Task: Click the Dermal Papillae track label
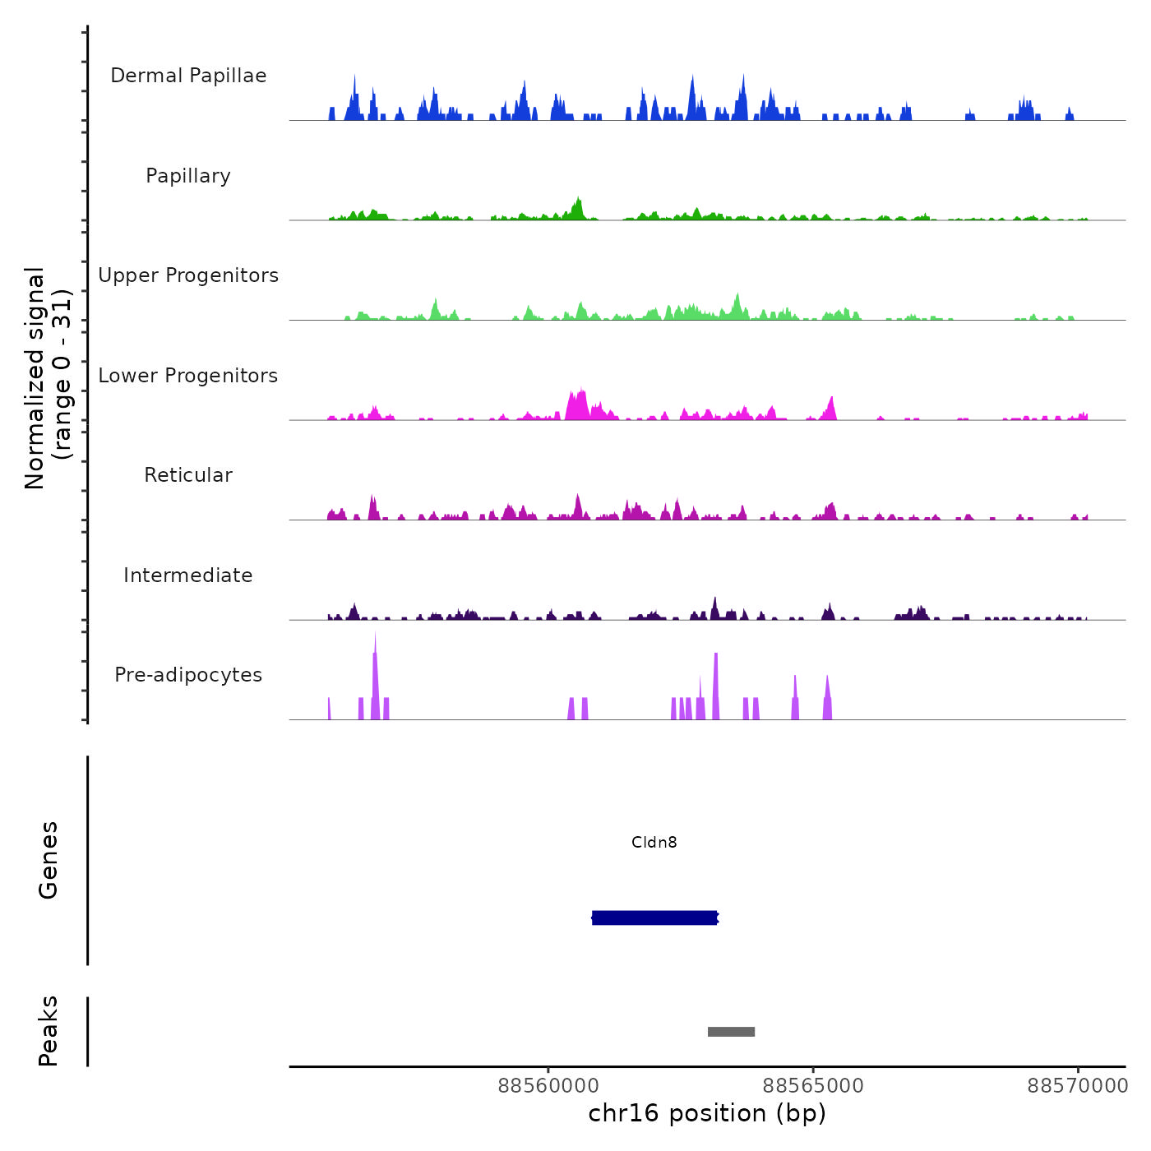188,76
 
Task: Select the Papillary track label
188,176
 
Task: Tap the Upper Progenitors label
188,275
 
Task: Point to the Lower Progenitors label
188,376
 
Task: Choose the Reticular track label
188,475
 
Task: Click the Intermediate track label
188,575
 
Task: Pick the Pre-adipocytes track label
188,675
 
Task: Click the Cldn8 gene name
654,842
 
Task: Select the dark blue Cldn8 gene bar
654,918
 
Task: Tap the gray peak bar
731,1032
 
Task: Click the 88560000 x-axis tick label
548,1086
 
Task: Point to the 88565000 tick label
813,1086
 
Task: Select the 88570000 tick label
1078,1086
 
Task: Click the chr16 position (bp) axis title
707,1113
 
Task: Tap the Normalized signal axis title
48,378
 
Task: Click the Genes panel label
49,860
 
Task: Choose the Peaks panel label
49,1031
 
